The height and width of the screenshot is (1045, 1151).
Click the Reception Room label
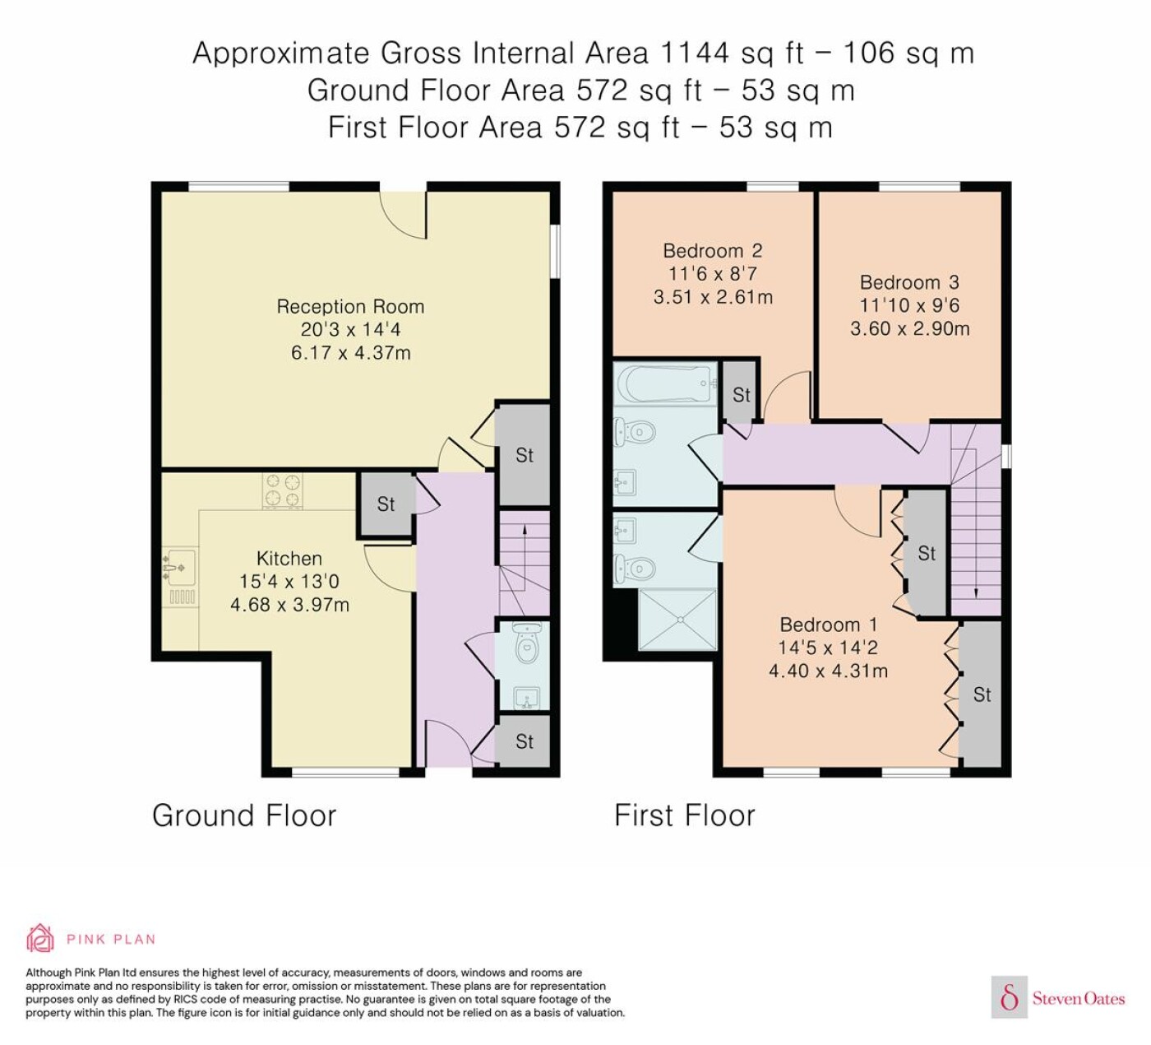[350, 307]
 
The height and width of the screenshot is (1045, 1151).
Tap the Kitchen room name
[289, 559]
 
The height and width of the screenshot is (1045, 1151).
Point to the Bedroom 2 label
[713, 251]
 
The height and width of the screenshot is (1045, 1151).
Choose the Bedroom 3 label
[909, 283]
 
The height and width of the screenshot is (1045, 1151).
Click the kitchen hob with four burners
[282, 490]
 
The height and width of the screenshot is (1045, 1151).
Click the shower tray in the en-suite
[677, 620]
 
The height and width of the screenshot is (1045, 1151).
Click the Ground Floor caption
[244, 815]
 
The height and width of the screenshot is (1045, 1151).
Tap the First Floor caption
[685, 815]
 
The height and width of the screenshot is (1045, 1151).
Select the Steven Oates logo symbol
[1010, 998]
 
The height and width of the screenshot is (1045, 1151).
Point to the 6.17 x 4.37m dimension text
[350, 353]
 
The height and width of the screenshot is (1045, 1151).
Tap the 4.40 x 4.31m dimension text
[828, 671]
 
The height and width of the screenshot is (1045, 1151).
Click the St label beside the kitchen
[386, 504]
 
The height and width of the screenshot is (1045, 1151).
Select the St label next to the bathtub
[742, 395]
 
